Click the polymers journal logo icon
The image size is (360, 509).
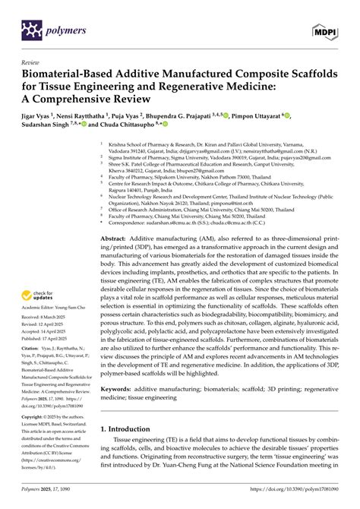point(30,30)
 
